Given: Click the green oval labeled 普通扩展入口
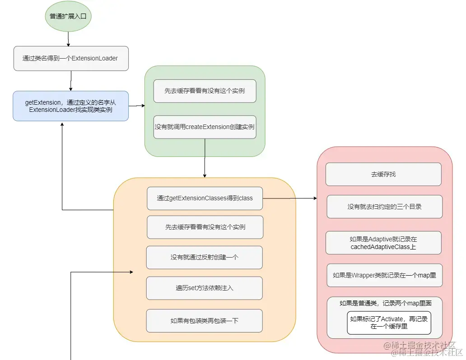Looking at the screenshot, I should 68,17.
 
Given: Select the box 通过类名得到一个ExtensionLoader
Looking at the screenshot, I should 71,58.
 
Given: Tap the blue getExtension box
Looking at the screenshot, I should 70,106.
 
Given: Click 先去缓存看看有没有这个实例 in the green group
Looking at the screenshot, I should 205,91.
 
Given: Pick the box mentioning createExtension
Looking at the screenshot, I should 205,127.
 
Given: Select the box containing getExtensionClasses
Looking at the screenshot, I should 205,198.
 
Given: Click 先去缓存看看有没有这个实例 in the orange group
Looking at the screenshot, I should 205,227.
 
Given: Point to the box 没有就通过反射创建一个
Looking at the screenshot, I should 204,257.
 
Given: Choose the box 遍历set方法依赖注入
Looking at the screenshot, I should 204,288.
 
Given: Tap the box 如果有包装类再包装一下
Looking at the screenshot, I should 204,321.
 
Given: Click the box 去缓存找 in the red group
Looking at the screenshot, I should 383,174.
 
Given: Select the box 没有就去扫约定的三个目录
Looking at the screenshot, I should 384,207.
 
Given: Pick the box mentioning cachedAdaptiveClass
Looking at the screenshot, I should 383,242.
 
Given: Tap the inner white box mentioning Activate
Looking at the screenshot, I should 389,323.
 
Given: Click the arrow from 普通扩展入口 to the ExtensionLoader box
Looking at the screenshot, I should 68,39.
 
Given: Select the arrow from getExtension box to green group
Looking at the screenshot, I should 136,106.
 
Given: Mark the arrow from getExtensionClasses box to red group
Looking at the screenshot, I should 289,198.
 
